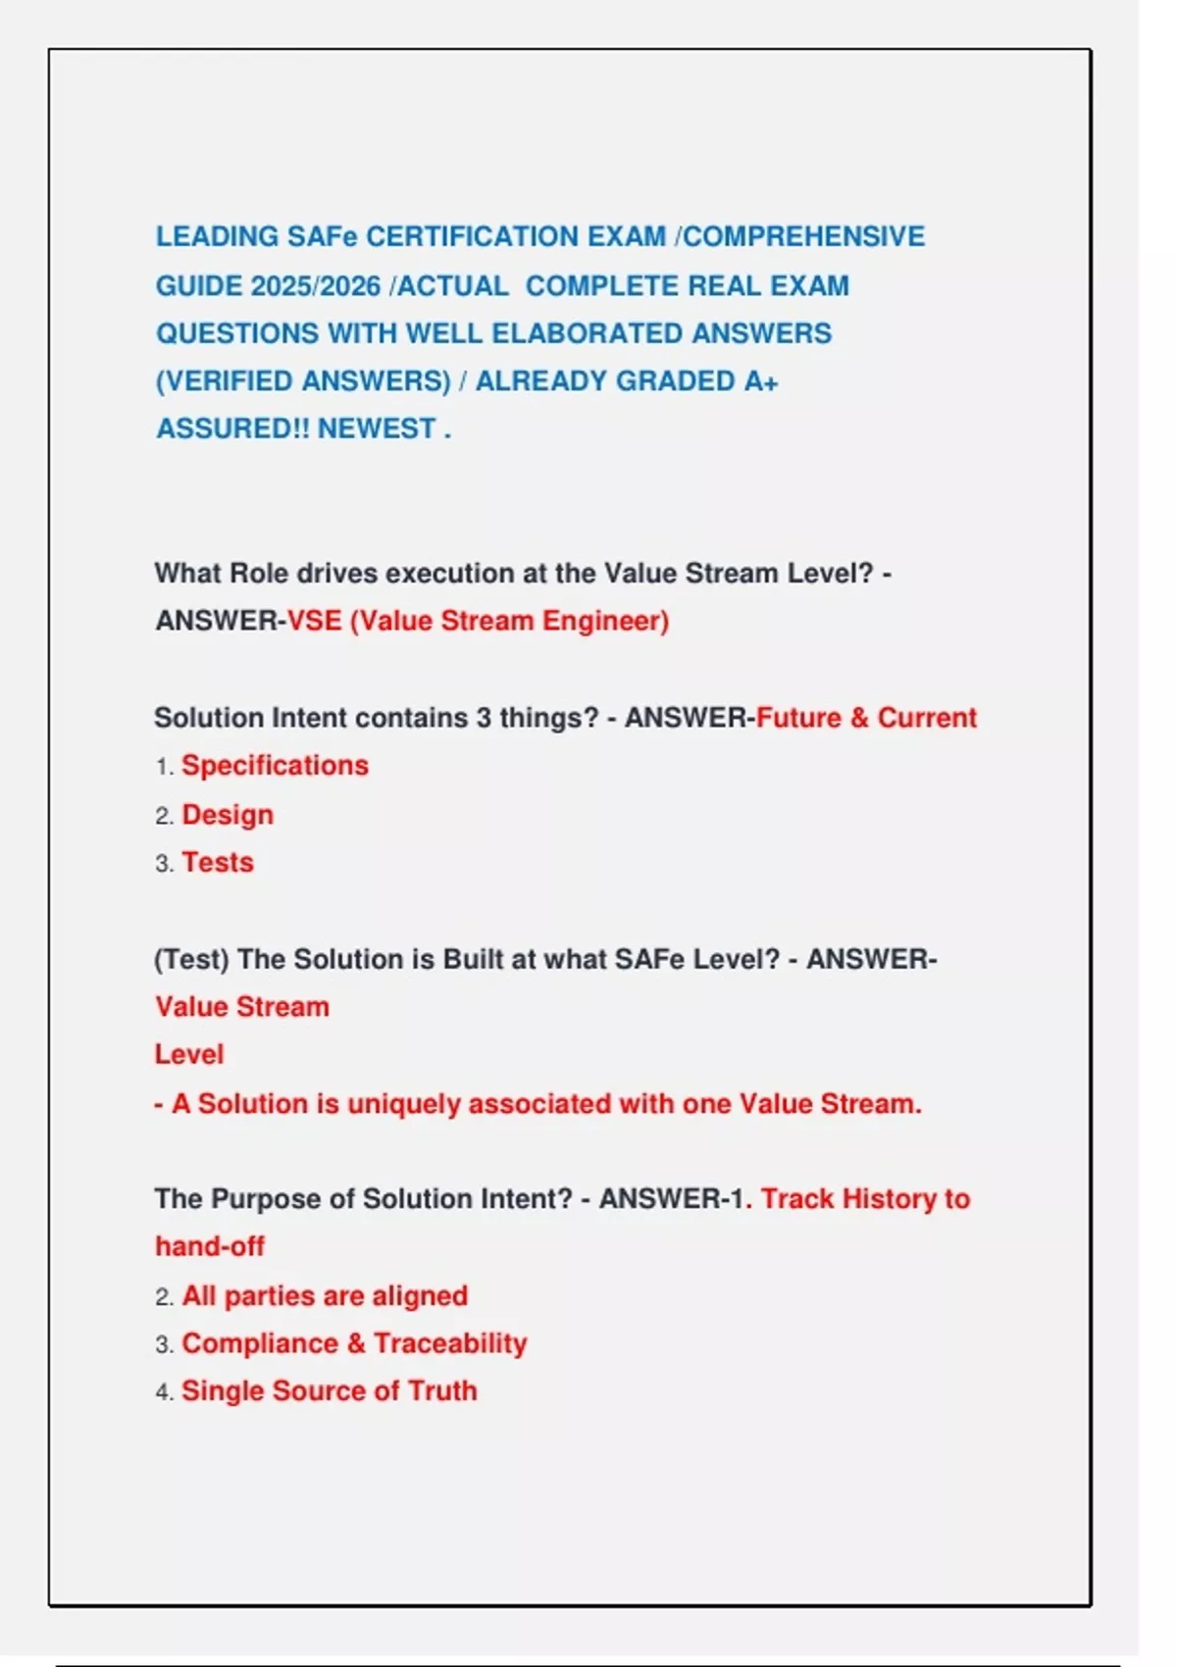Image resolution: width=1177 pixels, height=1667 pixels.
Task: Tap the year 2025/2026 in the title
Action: point(315,286)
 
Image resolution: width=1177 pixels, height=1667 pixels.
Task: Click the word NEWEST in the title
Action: point(376,429)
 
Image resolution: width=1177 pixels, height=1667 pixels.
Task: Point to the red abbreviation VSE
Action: point(314,622)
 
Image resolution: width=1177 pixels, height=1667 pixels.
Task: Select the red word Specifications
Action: point(275,766)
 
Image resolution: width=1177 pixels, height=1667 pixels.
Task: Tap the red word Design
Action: point(228,815)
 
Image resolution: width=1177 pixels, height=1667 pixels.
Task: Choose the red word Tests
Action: point(218,863)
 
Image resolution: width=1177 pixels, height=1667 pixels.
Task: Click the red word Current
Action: point(927,718)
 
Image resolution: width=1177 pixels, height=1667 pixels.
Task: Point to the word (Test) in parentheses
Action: point(191,959)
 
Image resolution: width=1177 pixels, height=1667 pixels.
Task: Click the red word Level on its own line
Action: point(189,1055)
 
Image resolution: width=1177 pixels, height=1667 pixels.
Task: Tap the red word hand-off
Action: point(210,1247)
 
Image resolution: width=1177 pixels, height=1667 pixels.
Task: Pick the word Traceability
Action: point(450,1343)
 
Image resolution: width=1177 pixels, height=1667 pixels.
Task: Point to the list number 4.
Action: point(163,1392)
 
